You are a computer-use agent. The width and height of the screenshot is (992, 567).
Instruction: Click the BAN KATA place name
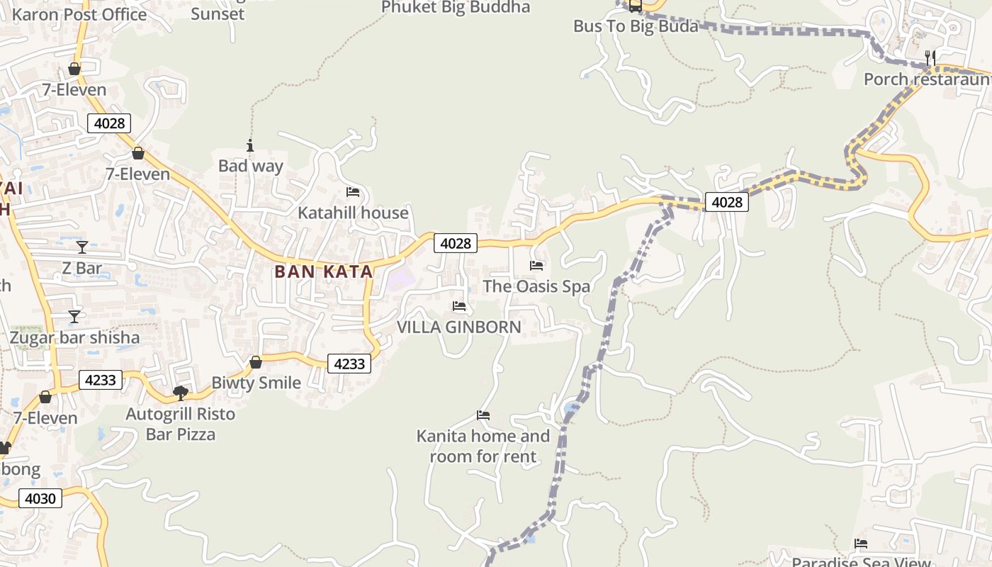coord(323,271)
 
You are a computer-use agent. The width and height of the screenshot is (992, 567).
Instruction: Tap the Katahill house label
coord(353,213)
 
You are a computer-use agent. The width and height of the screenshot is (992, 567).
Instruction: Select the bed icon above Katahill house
coord(353,192)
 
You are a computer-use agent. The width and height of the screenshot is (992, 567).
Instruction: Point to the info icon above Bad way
coord(250,146)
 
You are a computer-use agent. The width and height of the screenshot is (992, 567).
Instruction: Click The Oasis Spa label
coord(536,286)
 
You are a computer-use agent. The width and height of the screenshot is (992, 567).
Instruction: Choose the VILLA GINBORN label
coord(458,327)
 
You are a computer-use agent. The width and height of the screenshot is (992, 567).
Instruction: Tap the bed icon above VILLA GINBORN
coord(459,306)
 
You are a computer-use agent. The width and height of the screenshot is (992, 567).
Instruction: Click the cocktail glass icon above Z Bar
coord(82,247)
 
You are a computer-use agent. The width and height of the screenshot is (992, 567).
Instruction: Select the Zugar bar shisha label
coord(74,337)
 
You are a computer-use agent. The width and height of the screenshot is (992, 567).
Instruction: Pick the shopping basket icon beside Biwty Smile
coord(256,362)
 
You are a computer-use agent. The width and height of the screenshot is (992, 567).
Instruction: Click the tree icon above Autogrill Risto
coord(181,393)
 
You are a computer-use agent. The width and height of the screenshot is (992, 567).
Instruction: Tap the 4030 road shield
coord(40,498)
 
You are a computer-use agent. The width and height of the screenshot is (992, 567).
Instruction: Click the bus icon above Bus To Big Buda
coord(635,6)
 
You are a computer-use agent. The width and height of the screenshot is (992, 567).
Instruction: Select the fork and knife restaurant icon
coord(930,57)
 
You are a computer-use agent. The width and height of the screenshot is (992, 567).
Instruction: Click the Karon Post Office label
coord(79,14)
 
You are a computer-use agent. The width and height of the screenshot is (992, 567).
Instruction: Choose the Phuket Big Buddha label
coord(456,7)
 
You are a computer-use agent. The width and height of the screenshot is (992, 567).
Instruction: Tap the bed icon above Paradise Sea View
coord(861,544)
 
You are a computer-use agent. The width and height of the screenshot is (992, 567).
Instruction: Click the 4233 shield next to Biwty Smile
coord(349,364)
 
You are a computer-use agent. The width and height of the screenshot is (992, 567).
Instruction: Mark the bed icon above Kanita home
coord(483,415)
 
